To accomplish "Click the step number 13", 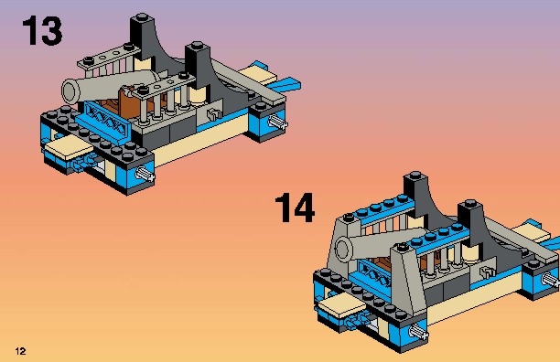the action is (x=42, y=31).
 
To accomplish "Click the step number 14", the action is (x=295, y=208).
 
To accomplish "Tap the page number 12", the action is (x=21, y=351).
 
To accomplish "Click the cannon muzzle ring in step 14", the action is (x=343, y=248).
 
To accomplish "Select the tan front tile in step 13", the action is (x=68, y=147).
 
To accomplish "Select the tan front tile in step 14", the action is (x=341, y=306).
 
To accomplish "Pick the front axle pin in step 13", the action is (x=145, y=175).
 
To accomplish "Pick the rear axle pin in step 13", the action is (x=278, y=122).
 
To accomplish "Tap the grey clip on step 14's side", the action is (x=486, y=273).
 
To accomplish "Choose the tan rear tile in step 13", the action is (x=258, y=76).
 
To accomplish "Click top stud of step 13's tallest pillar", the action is (x=142, y=16).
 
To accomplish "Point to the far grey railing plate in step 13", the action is (x=108, y=57).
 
